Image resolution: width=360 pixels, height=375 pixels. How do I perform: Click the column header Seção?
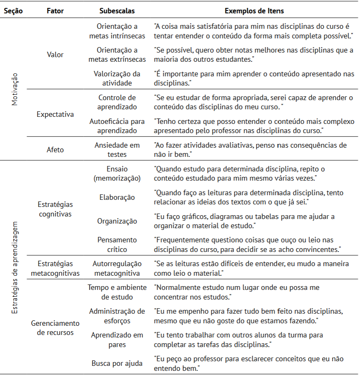click(x=13, y=11)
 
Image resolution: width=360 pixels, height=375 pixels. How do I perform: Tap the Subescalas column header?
click(x=117, y=11)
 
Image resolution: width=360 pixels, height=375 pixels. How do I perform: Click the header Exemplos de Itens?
click(x=254, y=11)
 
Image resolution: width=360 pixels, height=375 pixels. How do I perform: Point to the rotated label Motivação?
click(x=15, y=89)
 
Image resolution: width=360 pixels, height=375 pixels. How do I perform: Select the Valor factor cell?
click(x=55, y=55)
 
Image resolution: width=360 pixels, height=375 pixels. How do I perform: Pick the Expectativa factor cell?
click(x=55, y=114)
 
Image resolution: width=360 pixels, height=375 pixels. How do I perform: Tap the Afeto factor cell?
click(x=55, y=149)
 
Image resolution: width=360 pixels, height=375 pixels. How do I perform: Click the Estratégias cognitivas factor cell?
click(x=55, y=209)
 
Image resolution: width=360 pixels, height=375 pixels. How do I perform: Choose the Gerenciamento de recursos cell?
click(x=55, y=327)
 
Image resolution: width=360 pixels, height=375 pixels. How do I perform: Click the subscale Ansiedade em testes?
click(x=117, y=149)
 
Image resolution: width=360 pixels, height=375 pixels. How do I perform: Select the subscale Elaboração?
click(x=117, y=197)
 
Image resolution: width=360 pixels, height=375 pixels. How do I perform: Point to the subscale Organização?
click(x=117, y=221)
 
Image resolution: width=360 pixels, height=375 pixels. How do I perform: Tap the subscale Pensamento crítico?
click(x=117, y=244)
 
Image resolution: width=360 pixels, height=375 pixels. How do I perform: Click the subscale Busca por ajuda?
click(x=117, y=363)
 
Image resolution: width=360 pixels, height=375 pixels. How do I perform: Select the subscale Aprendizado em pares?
click(x=117, y=340)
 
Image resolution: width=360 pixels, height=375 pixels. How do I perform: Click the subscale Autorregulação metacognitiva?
click(x=117, y=268)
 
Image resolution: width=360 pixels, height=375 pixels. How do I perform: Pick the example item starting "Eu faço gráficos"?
click(x=244, y=221)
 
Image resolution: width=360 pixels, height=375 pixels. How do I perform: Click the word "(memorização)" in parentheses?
click(x=117, y=178)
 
